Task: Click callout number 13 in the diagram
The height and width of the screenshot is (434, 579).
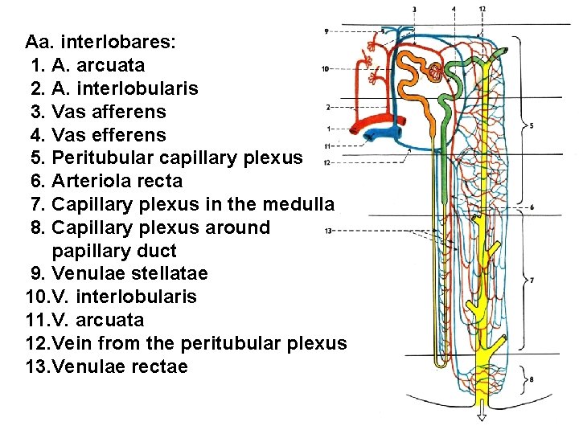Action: pyautogui.click(x=327, y=231)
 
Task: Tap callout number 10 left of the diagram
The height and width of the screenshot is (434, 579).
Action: pyautogui.click(x=324, y=68)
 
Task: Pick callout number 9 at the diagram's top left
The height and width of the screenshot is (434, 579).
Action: pyautogui.click(x=326, y=31)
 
